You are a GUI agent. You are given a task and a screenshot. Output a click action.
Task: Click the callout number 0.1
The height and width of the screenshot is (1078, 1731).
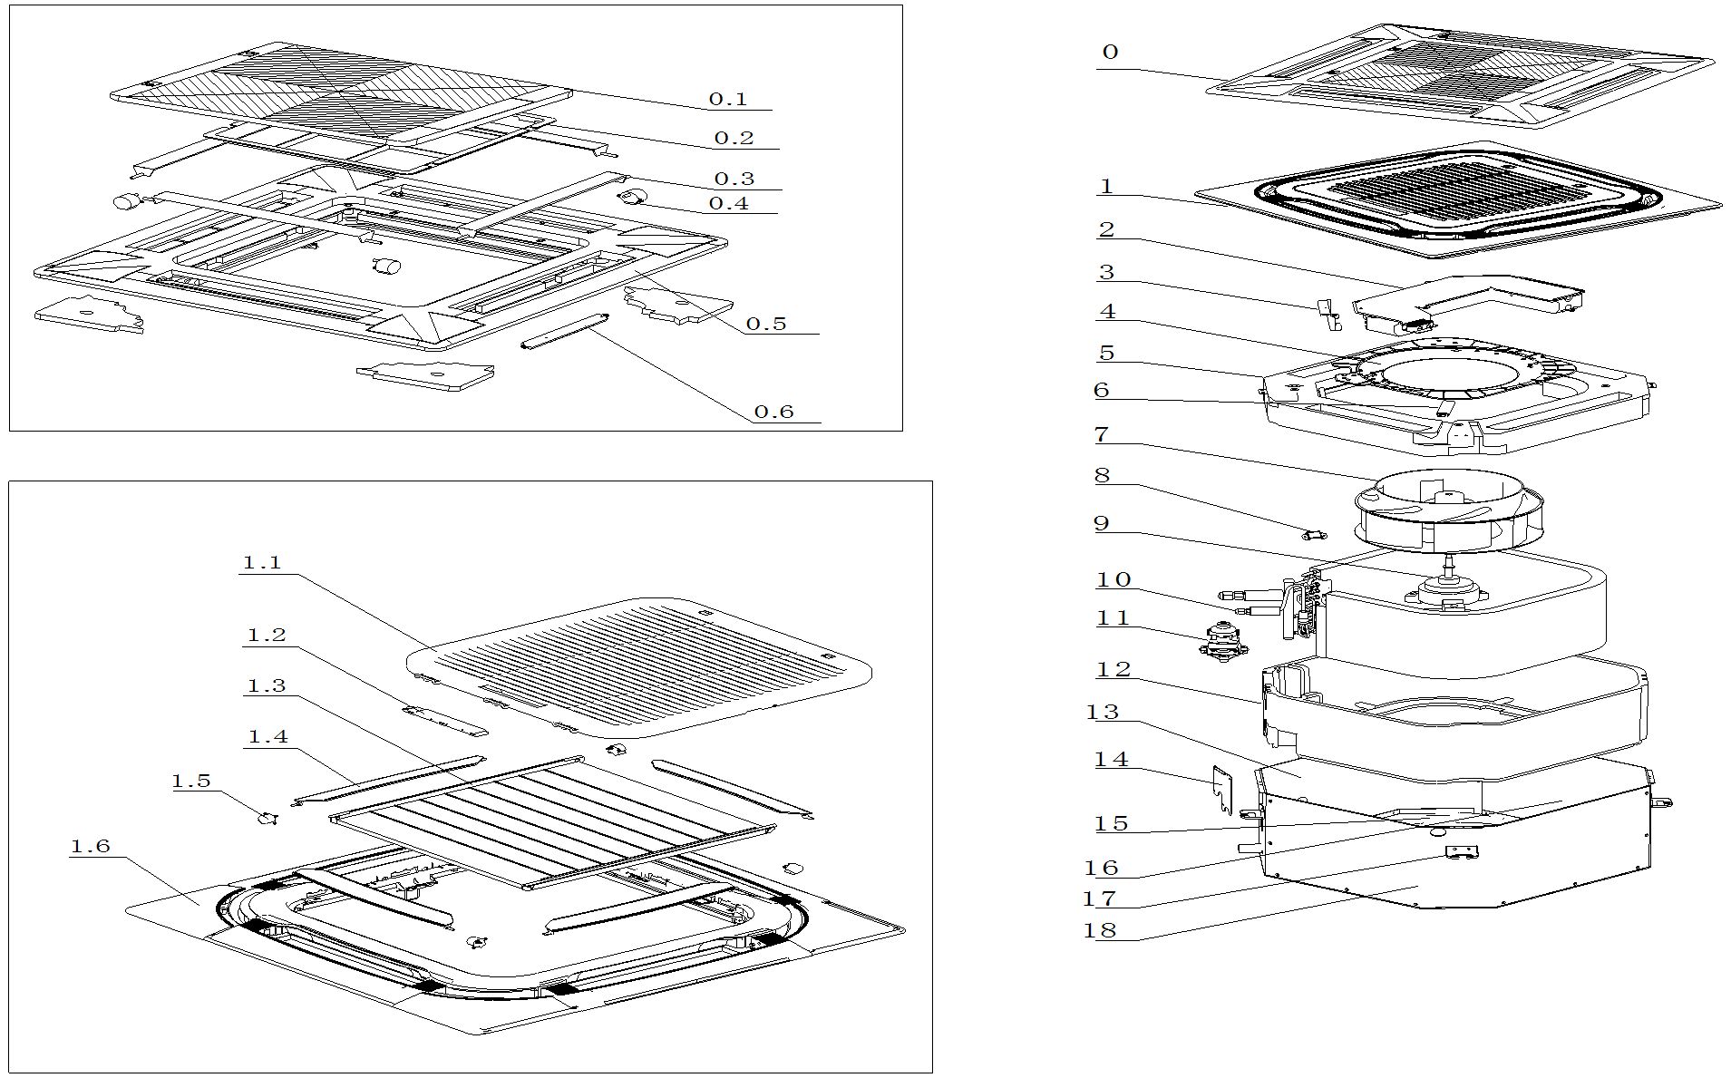coord(727,99)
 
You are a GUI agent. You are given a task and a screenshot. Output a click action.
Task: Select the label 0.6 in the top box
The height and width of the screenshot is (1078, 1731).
coord(773,412)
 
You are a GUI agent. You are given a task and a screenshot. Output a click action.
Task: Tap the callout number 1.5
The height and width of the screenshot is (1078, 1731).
coord(190,781)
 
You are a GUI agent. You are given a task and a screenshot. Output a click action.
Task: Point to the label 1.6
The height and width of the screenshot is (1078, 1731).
coord(90,846)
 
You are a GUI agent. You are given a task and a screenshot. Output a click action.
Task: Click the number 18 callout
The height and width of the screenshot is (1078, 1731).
coord(1100,929)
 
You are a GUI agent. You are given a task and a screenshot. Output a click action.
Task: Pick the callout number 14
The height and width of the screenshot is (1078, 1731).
coord(1112,759)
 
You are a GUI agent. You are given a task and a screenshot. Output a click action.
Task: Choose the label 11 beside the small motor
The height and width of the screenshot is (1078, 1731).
coord(1113,617)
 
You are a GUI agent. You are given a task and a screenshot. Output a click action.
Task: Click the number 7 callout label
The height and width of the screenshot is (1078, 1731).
coord(1102,434)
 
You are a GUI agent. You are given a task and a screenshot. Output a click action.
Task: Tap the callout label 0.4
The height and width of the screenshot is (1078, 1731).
coord(728,203)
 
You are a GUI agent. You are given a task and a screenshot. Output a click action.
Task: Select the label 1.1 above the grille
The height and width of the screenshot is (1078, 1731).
coord(261,562)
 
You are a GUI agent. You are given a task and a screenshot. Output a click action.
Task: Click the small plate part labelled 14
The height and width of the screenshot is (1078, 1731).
coord(1224,788)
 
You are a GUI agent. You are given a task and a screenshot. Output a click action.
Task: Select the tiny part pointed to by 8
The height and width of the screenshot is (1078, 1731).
coord(1312,535)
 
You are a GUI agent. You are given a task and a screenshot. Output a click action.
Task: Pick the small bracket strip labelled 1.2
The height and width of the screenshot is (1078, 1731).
coord(446,722)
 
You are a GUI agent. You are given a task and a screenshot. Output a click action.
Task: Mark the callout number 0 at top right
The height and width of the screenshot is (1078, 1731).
coord(1110,52)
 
